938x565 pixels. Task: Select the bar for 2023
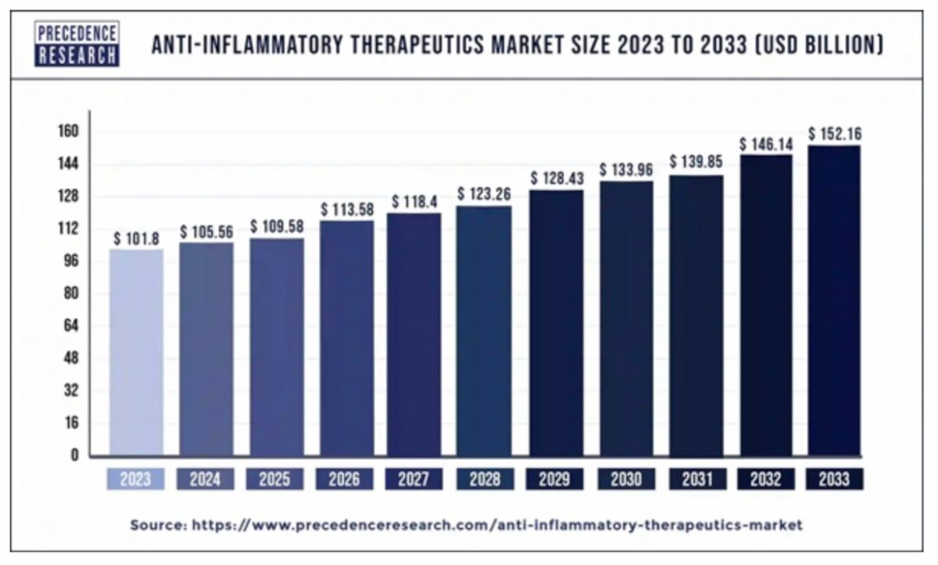point(136,352)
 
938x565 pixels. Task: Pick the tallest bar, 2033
point(834,300)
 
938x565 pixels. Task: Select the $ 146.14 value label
point(766,145)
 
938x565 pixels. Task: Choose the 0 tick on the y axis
point(75,455)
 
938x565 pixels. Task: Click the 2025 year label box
point(275,479)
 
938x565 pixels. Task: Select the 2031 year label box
point(695,479)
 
